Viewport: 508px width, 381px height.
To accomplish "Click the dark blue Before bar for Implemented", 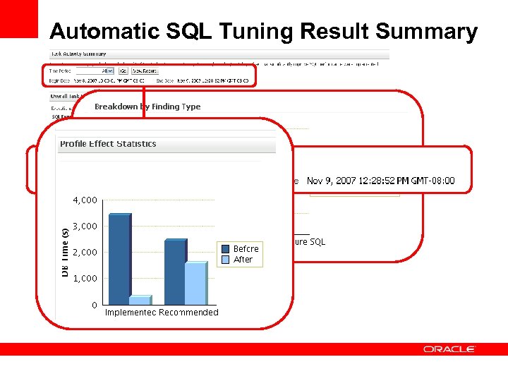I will click(x=119, y=259).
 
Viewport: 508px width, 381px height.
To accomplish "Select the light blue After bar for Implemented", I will click(x=140, y=301).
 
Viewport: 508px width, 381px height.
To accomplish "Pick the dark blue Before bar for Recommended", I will click(x=175, y=272).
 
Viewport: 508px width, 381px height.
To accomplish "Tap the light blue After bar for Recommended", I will click(x=195, y=284).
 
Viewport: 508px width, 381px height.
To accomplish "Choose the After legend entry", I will click(x=243, y=260).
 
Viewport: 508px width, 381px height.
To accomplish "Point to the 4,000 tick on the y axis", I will click(x=85, y=200).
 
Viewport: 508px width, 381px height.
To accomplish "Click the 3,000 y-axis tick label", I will click(x=85, y=226).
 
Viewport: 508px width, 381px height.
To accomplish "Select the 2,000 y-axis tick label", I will click(x=85, y=253).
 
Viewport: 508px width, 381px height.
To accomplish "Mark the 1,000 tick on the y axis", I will click(x=85, y=279).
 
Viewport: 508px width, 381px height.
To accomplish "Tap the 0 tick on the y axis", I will click(x=94, y=305).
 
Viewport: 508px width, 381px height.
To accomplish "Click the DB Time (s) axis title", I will click(x=65, y=252).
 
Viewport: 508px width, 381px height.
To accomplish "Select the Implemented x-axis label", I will click(x=131, y=313).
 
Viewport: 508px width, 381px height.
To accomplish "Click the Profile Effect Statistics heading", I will click(x=108, y=144).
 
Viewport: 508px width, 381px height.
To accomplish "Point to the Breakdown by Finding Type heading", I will click(x=147, y=107).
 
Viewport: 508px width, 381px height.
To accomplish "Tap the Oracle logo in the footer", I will click(x=449, y=349).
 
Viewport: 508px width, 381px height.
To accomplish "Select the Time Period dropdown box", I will click(x=95, y=71).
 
